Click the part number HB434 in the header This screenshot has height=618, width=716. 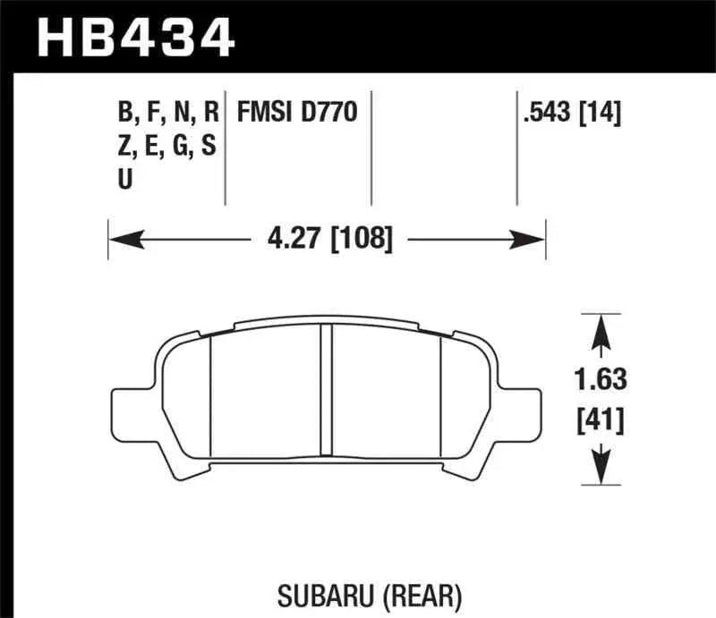(134, 37)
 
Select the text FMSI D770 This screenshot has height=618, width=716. (296, 114)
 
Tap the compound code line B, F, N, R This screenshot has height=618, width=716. (167, 114)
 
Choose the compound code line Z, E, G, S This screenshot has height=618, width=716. (166, 146)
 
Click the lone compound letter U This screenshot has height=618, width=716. (125, 179)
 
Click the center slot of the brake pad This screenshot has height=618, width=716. (327, 394)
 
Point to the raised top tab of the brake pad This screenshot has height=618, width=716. (327, 320)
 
